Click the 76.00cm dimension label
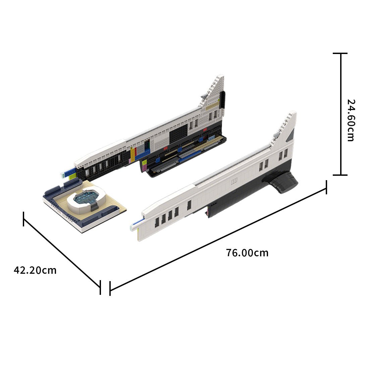pyautogui.click(x=247, y=253)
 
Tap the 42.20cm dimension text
pyautogui.click(x=35, y=270)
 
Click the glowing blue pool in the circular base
pyautogui.click(x=87, y=198)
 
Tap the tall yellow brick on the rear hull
pyautogui.click(x=132, y=154)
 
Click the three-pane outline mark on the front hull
pyautogui.click(x=234, y=181)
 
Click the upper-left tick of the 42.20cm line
pyautogui.click(x=23, y=219)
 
